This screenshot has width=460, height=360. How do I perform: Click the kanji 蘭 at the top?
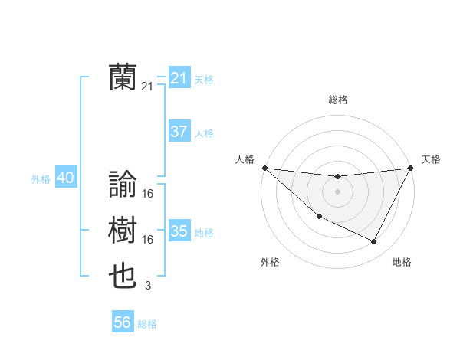point(123,77)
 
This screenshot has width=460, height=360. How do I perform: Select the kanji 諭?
point(123,184)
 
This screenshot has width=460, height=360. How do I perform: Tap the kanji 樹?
point(123,230)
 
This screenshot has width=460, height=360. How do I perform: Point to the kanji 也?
point(123,276)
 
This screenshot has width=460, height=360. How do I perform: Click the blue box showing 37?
point(179,132)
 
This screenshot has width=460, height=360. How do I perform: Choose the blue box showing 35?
point(179,231)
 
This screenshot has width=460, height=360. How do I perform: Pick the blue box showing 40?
point(65,178)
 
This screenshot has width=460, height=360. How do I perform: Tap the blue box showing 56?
point(122,322)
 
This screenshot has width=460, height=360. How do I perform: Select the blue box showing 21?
point(179,78)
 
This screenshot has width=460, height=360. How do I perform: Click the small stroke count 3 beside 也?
point(148,286)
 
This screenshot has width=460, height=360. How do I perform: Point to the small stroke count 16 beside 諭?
point(148,194)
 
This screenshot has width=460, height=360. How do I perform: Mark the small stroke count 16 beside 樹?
point(148,240)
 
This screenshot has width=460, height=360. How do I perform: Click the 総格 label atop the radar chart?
point(337,100)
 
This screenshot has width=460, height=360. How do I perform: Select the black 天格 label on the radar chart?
point(431,159)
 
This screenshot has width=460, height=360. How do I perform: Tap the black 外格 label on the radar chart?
point(270,262)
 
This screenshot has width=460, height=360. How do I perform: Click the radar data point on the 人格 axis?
point(264,168)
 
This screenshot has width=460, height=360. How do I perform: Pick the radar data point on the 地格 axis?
point(374,242)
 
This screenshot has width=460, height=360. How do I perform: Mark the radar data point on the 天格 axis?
point(410,168)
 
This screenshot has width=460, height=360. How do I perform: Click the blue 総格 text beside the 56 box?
point(147,323)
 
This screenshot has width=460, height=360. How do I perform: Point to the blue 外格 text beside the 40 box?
point(41,179)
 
